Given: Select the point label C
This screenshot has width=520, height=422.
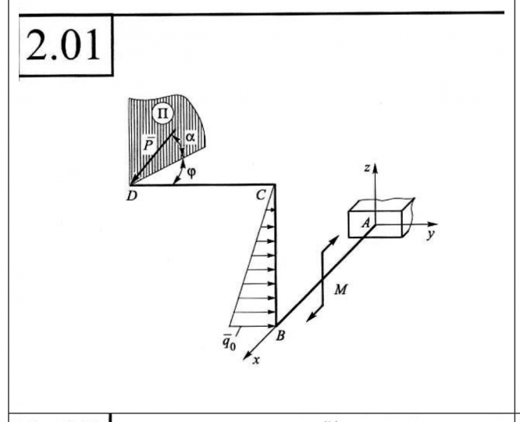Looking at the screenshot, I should [x=262, y=196].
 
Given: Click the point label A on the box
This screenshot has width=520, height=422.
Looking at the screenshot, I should [x=364, y=223].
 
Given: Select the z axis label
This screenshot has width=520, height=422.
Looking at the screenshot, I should [x=366, y=166].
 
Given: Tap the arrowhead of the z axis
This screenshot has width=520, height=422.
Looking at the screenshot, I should [x=376, y=169].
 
